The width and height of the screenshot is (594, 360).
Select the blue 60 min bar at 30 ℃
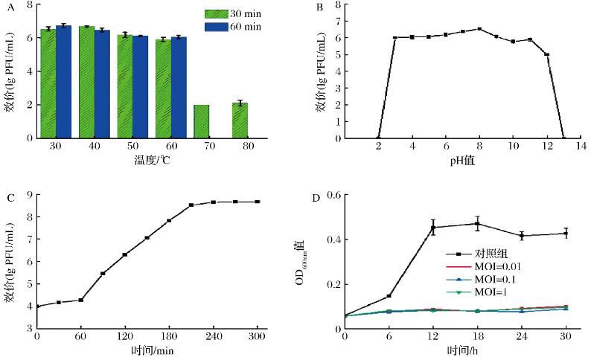point(63,82)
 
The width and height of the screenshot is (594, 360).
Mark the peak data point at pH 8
point(479,29)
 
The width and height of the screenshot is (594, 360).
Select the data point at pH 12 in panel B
point(546,54)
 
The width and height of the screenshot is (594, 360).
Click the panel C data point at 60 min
point(80,300)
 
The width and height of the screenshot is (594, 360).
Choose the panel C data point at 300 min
point(258,202)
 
